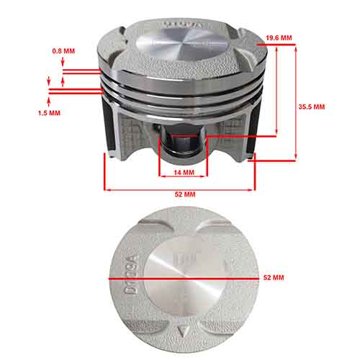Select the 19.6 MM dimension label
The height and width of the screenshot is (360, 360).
coord(279,37)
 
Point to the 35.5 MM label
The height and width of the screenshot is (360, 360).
coord(312,107)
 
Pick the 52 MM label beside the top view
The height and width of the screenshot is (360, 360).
coord(274,277)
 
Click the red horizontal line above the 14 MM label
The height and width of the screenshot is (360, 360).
coord(183,166)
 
